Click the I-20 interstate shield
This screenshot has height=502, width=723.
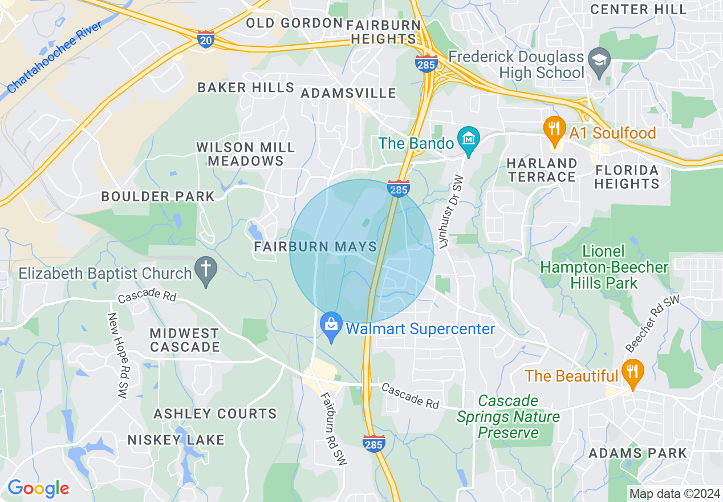(x=206, y=39)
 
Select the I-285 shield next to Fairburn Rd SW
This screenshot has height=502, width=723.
(x=373, y=443)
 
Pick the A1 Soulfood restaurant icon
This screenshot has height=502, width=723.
(x=554, y=131)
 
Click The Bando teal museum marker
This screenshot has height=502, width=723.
(x=469, y=141)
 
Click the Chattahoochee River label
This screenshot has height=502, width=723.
(x=55, y=57)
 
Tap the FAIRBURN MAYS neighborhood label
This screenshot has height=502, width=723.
(x=315, y=247)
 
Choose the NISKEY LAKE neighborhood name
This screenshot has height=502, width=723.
(x=176, y=440)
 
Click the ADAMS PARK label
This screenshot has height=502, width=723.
(x=638, y=454)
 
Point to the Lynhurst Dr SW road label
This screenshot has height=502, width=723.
(x=450, y=212)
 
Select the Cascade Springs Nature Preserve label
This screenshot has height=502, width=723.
(x=509, y=417)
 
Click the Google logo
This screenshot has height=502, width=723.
(x=38, y=488)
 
